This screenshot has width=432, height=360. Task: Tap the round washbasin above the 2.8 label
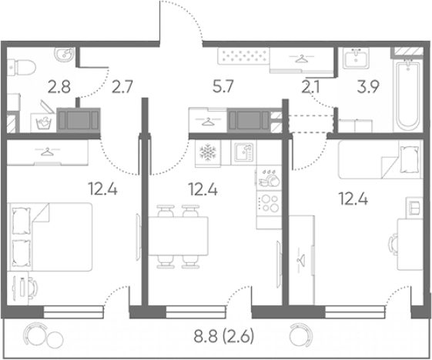(x=65, y=54)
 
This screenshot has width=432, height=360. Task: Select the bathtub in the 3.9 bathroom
(x=407, y=96)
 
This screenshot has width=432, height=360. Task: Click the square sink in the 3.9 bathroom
(x=356, y=58)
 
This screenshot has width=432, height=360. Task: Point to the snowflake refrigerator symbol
(x=208, y=153)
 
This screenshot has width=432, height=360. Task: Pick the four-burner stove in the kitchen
(x=269, y=203)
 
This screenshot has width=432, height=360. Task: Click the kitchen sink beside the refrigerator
(x=244, y=152)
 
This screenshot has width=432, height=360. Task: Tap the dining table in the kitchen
(x=178, y=236)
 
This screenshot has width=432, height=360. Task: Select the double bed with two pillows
(x=50, y=237)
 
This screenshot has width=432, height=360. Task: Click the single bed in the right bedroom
(x=380, y=158)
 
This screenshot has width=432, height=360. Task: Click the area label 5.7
(x=223, y=86)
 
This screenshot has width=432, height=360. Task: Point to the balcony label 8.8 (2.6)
(x=224, y=336)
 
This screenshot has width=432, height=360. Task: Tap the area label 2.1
(x=310, y=87)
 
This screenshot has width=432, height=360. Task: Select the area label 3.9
(x=368, y=87)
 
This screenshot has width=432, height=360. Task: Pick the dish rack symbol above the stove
(x=269, y=178)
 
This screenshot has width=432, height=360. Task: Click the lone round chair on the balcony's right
(x=300, y=335)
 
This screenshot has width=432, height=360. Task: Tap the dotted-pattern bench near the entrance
(x=243, y=56)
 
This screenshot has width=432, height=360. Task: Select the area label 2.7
(x=122, y=86)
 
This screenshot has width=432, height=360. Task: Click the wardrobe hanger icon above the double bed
(x=48, y=151)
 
